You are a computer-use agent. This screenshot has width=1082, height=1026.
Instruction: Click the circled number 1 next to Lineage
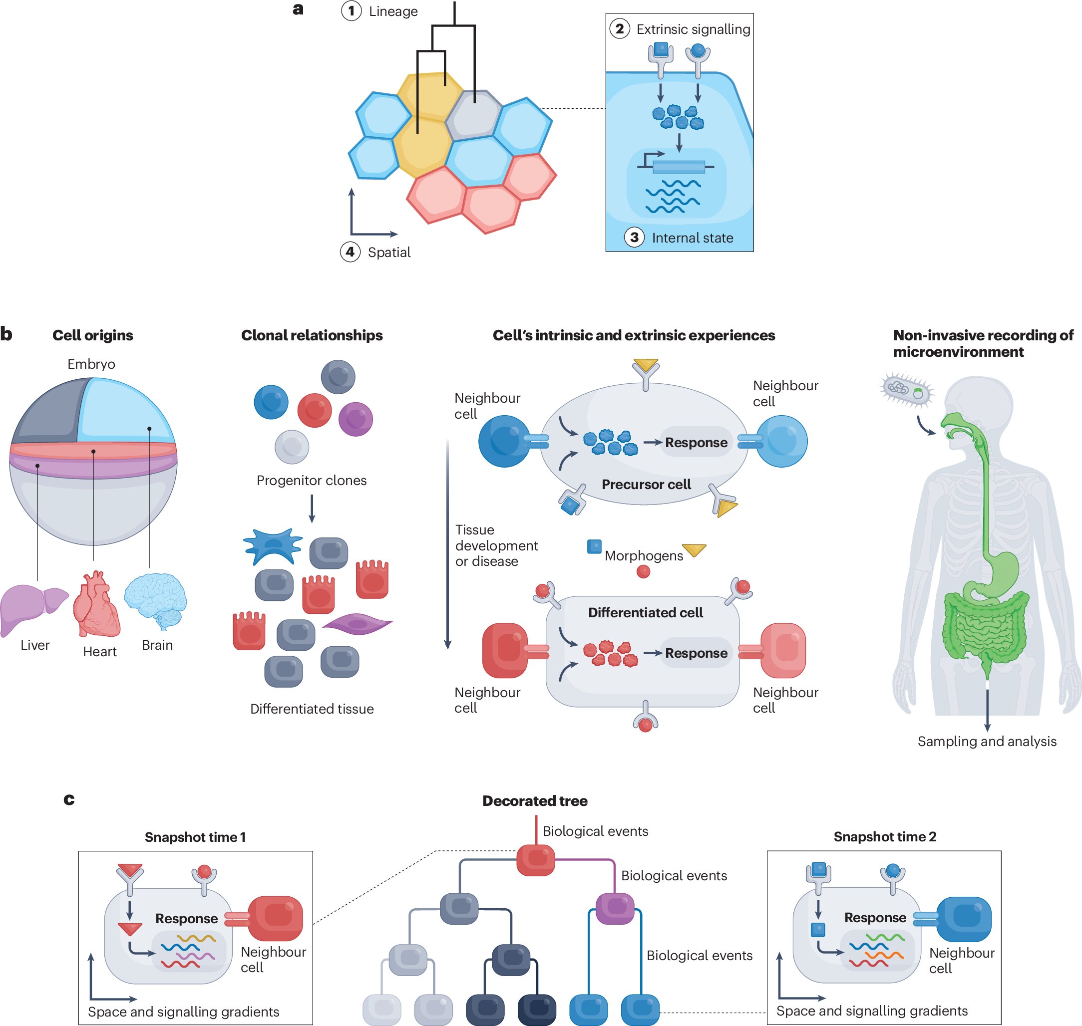click(x=351, y=11)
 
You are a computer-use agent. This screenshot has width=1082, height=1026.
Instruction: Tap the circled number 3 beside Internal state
click(x=634, y=238)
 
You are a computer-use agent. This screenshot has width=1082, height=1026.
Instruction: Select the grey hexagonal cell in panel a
click(x=473, y=115)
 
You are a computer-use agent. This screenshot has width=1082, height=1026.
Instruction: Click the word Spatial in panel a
click(x=388, y=252)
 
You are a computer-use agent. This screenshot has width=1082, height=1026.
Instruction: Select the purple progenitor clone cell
click(x=355, y=419)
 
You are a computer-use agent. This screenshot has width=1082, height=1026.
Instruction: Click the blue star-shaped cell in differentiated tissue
click(x=273, y=546)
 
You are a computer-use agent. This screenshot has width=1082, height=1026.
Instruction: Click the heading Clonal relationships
click(x=312, y=335)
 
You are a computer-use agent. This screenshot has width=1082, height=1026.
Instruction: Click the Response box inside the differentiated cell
click(x=695, y=653)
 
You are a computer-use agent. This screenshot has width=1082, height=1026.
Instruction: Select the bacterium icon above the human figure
click(x=906, y=390)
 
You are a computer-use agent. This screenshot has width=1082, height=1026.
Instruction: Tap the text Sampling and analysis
click(x=986, y=741)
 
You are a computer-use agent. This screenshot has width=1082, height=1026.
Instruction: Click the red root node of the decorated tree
click(x=535, y=860)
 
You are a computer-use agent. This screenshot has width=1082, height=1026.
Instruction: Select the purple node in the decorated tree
click(x=614, y=908)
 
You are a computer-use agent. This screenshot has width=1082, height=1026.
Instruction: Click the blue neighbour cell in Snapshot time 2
click(x=963, y=919)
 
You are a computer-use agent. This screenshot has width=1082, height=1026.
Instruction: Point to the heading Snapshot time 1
click(x=195, y=837)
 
